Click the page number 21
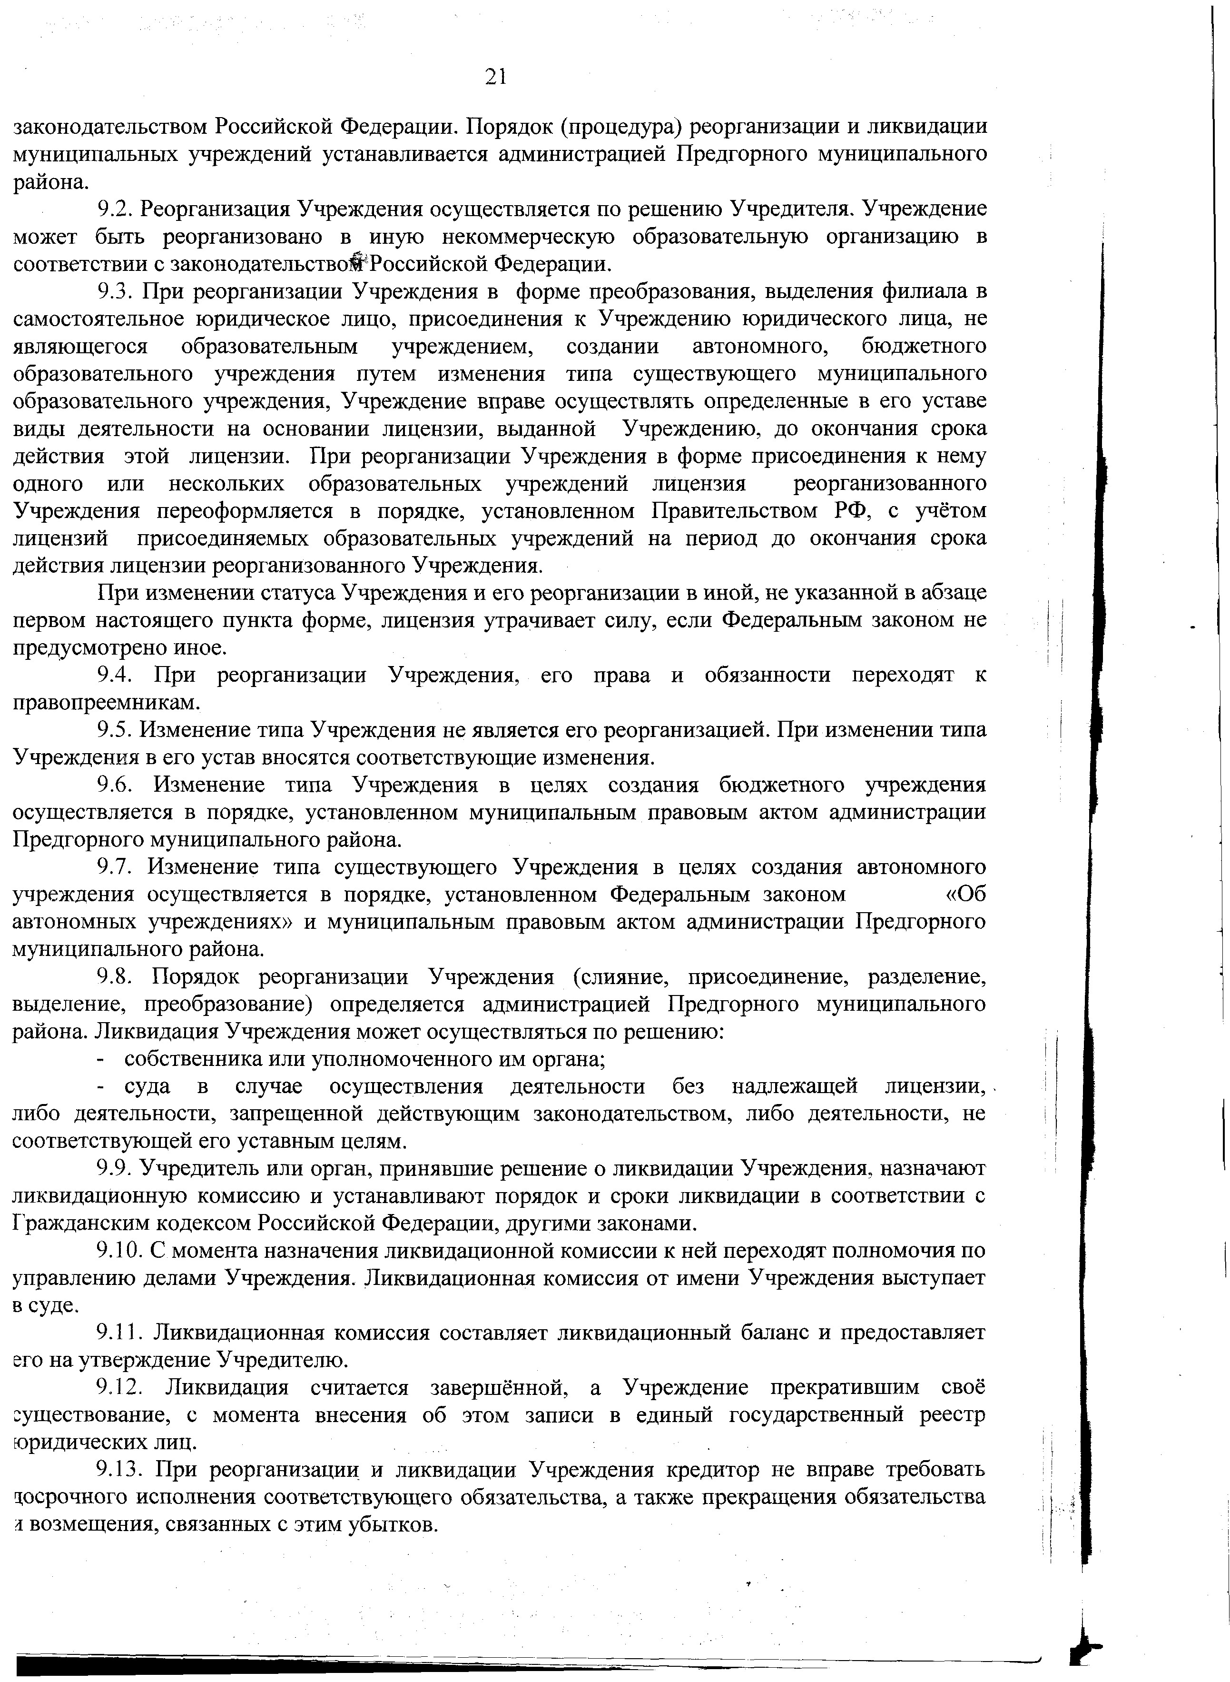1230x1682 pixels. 496,76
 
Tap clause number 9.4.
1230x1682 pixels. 116,676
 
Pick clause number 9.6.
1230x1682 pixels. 116,785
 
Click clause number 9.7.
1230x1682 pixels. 116,868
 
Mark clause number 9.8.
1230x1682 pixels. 116,977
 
